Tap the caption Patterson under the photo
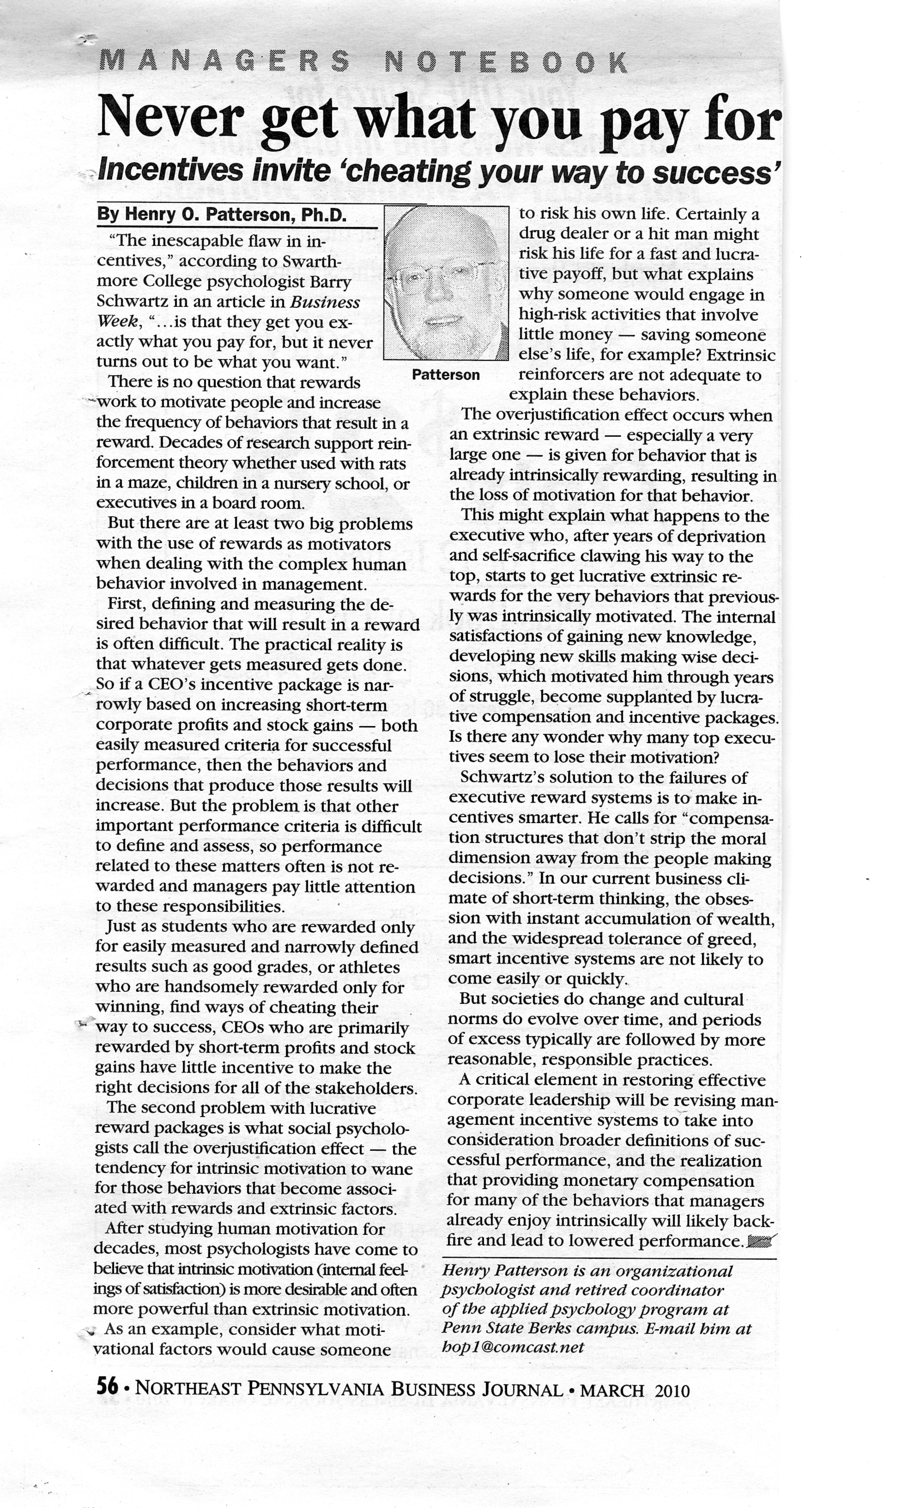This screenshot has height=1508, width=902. [x=446, y=375]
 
